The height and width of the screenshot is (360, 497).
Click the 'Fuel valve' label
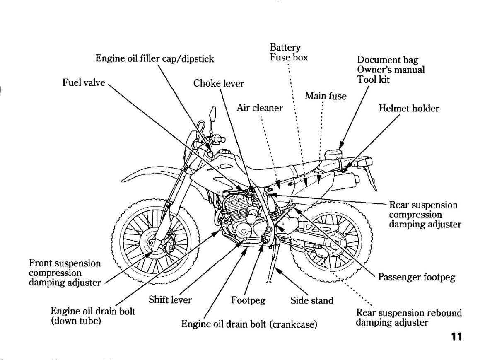click(84, 82)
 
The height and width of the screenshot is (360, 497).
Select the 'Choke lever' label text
click(219, 83)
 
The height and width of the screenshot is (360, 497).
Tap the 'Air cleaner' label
click(260, 108)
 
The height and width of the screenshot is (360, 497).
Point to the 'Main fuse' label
click(326, 96)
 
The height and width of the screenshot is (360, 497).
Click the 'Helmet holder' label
click(409, 109)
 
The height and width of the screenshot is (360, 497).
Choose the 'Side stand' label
click(312, 300)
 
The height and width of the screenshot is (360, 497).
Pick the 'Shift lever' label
click(170, 300)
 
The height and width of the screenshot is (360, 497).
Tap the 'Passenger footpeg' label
click(417, 277)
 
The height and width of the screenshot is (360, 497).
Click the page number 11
click(456, 337)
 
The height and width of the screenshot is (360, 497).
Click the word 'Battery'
click(285, 48)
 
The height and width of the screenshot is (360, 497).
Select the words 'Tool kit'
click(373, 80)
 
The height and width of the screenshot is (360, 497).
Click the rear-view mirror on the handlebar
click(213, 114)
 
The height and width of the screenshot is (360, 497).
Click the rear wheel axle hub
click(334, 244)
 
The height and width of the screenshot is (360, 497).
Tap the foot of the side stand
click(269, 282)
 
